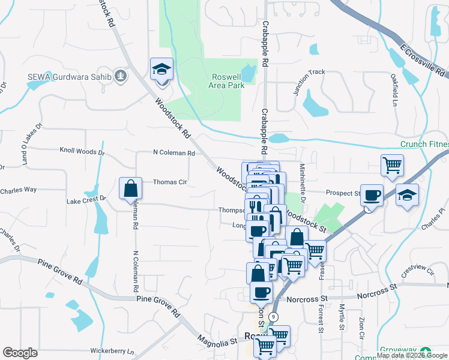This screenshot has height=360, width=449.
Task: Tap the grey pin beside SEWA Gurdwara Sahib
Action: [x=121, y=76]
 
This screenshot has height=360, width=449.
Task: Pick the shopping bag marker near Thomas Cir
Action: [x=130, y=189]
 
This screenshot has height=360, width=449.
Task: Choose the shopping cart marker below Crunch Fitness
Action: [x=392, y=165]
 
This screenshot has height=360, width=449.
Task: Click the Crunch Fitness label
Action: [x=424, y=145]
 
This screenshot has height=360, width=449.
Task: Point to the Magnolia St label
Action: [x=218, y=341]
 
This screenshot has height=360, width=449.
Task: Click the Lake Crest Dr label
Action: [x=86, y=199]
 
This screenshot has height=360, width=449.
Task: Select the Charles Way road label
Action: [x=19, y=190]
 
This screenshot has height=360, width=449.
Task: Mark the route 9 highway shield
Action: [x=274, y=316]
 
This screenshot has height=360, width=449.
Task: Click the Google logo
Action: [x=20, y=353]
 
